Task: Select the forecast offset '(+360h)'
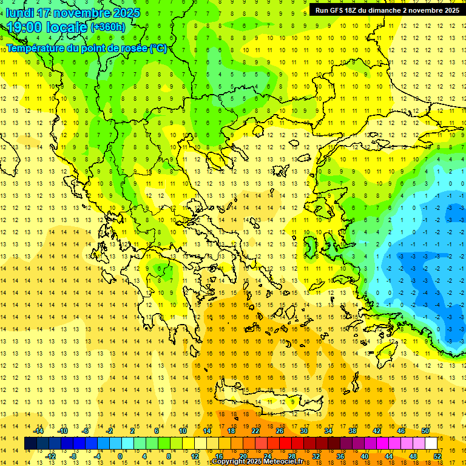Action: [108, 27]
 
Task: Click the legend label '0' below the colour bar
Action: [120, 456]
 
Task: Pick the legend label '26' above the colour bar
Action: [280, 431]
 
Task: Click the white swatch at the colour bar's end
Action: [431, 444]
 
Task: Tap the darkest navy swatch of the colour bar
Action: [31, 444]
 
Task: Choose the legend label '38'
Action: [353, 431]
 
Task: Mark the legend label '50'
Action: [425, 431]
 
